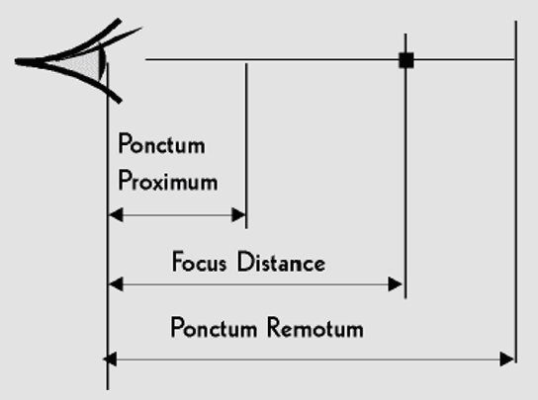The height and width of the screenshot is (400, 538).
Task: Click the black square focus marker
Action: click(x=406, y=60)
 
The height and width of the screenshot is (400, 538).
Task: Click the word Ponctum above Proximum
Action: click(x=161, y=144)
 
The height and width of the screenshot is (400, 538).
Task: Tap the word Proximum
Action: click(x=168, y=181)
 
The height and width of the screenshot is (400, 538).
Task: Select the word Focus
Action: click(x=200, y=262)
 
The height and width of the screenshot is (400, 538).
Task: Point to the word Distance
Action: click(x=281, y=262)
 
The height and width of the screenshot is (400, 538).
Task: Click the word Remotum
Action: click(x=315, y=328)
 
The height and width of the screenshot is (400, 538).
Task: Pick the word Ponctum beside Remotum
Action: click(x=214, y=328)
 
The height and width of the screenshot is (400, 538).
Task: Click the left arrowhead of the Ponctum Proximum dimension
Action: click(x=116, y=215)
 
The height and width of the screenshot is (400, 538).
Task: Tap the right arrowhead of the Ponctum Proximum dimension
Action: click(x=238, y=215)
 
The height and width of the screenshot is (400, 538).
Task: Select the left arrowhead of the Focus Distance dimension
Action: click(x=116, y=284)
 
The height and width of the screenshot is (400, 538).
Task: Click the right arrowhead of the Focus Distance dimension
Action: click(x=395, y=284)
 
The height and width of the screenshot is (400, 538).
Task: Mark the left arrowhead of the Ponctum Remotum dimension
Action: click(x=110, y=360)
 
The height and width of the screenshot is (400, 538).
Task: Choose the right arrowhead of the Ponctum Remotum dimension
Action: click(x=507, y=360)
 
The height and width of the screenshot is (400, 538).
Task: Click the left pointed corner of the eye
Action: click(x=17, y=61)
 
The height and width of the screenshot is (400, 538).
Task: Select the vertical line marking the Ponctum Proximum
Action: click(x=246, y=145)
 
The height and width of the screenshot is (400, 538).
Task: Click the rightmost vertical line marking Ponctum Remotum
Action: click(x=516, y=192)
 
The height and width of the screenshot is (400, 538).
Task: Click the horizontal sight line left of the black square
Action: click(x=272, y=59)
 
